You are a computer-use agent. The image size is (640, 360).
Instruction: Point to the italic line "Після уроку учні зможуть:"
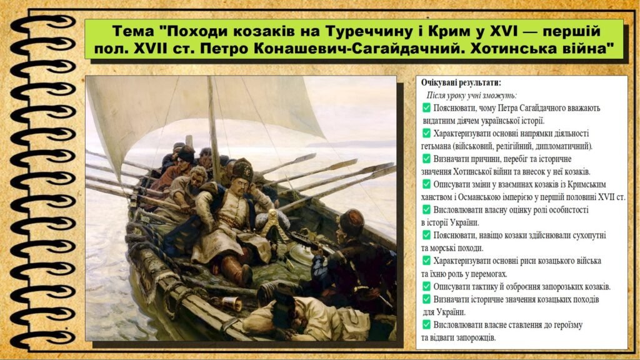pos(472,96)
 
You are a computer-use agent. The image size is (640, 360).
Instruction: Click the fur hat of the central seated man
pos(242,169)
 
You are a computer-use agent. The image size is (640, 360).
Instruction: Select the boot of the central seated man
pos(243,272)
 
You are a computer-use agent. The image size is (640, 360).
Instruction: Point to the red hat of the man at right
pos(351,220)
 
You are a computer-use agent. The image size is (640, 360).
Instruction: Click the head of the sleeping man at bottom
pos(284,306)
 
